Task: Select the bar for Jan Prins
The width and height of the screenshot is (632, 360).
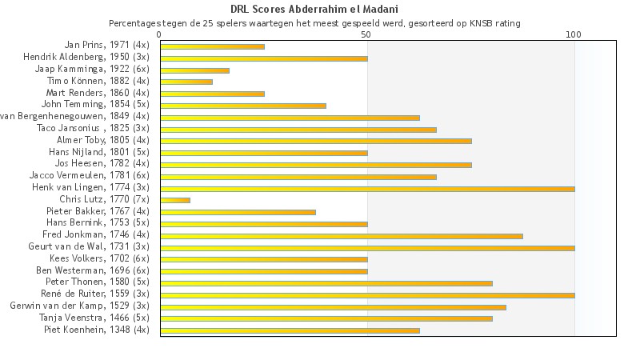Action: [x=212, y=46]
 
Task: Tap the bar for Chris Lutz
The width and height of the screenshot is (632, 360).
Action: [x=175, y=200]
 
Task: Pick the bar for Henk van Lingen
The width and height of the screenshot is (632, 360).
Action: [x=367, y=189]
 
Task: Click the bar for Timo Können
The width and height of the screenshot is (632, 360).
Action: [x=186, y=82]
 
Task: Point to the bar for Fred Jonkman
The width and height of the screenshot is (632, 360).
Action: [x=342, y=236]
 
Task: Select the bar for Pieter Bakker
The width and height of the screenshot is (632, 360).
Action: [x=238, y=212]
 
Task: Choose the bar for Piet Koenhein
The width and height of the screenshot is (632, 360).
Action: [x=290, y=330]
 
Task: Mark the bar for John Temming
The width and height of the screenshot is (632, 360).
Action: [x=243, y=106]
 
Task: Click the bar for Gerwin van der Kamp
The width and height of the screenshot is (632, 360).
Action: [x=333, y=306]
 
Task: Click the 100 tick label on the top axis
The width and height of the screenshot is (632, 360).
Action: [x=574, y=34]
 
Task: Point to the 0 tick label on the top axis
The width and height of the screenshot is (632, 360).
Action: [x=160, y=34]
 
